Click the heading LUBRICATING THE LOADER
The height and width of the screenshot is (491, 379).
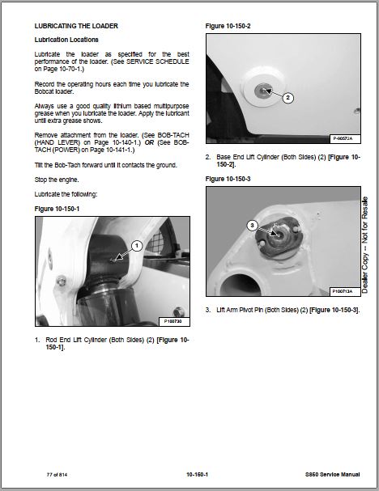point(76,26)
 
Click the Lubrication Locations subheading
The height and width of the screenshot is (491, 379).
point(66,40)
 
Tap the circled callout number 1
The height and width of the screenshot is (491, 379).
point(137,246)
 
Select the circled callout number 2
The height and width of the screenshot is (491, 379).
point(288,98)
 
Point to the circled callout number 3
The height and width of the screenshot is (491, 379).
point(252,226)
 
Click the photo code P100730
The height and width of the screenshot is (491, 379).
point(172,321)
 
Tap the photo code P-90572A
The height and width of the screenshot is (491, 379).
point(343,138)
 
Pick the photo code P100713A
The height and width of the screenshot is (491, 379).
point(343,291)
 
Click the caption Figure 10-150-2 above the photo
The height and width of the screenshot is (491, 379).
point(228,26)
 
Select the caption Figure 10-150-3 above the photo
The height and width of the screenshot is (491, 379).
point(228,179)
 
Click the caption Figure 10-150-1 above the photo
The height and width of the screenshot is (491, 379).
point(57,209)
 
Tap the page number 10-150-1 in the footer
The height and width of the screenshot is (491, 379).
point(197,475)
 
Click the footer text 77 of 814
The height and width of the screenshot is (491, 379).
point(57,475)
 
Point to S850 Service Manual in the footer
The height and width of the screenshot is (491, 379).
point(333,475)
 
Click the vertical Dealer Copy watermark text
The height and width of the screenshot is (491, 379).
point(365,245)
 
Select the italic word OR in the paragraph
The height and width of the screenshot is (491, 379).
point(149,142)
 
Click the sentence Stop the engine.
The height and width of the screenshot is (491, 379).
point(57,180)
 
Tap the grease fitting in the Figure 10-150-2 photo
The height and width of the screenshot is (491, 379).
point(263,91)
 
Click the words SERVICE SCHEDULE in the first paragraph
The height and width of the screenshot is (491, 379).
point(158,61)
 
